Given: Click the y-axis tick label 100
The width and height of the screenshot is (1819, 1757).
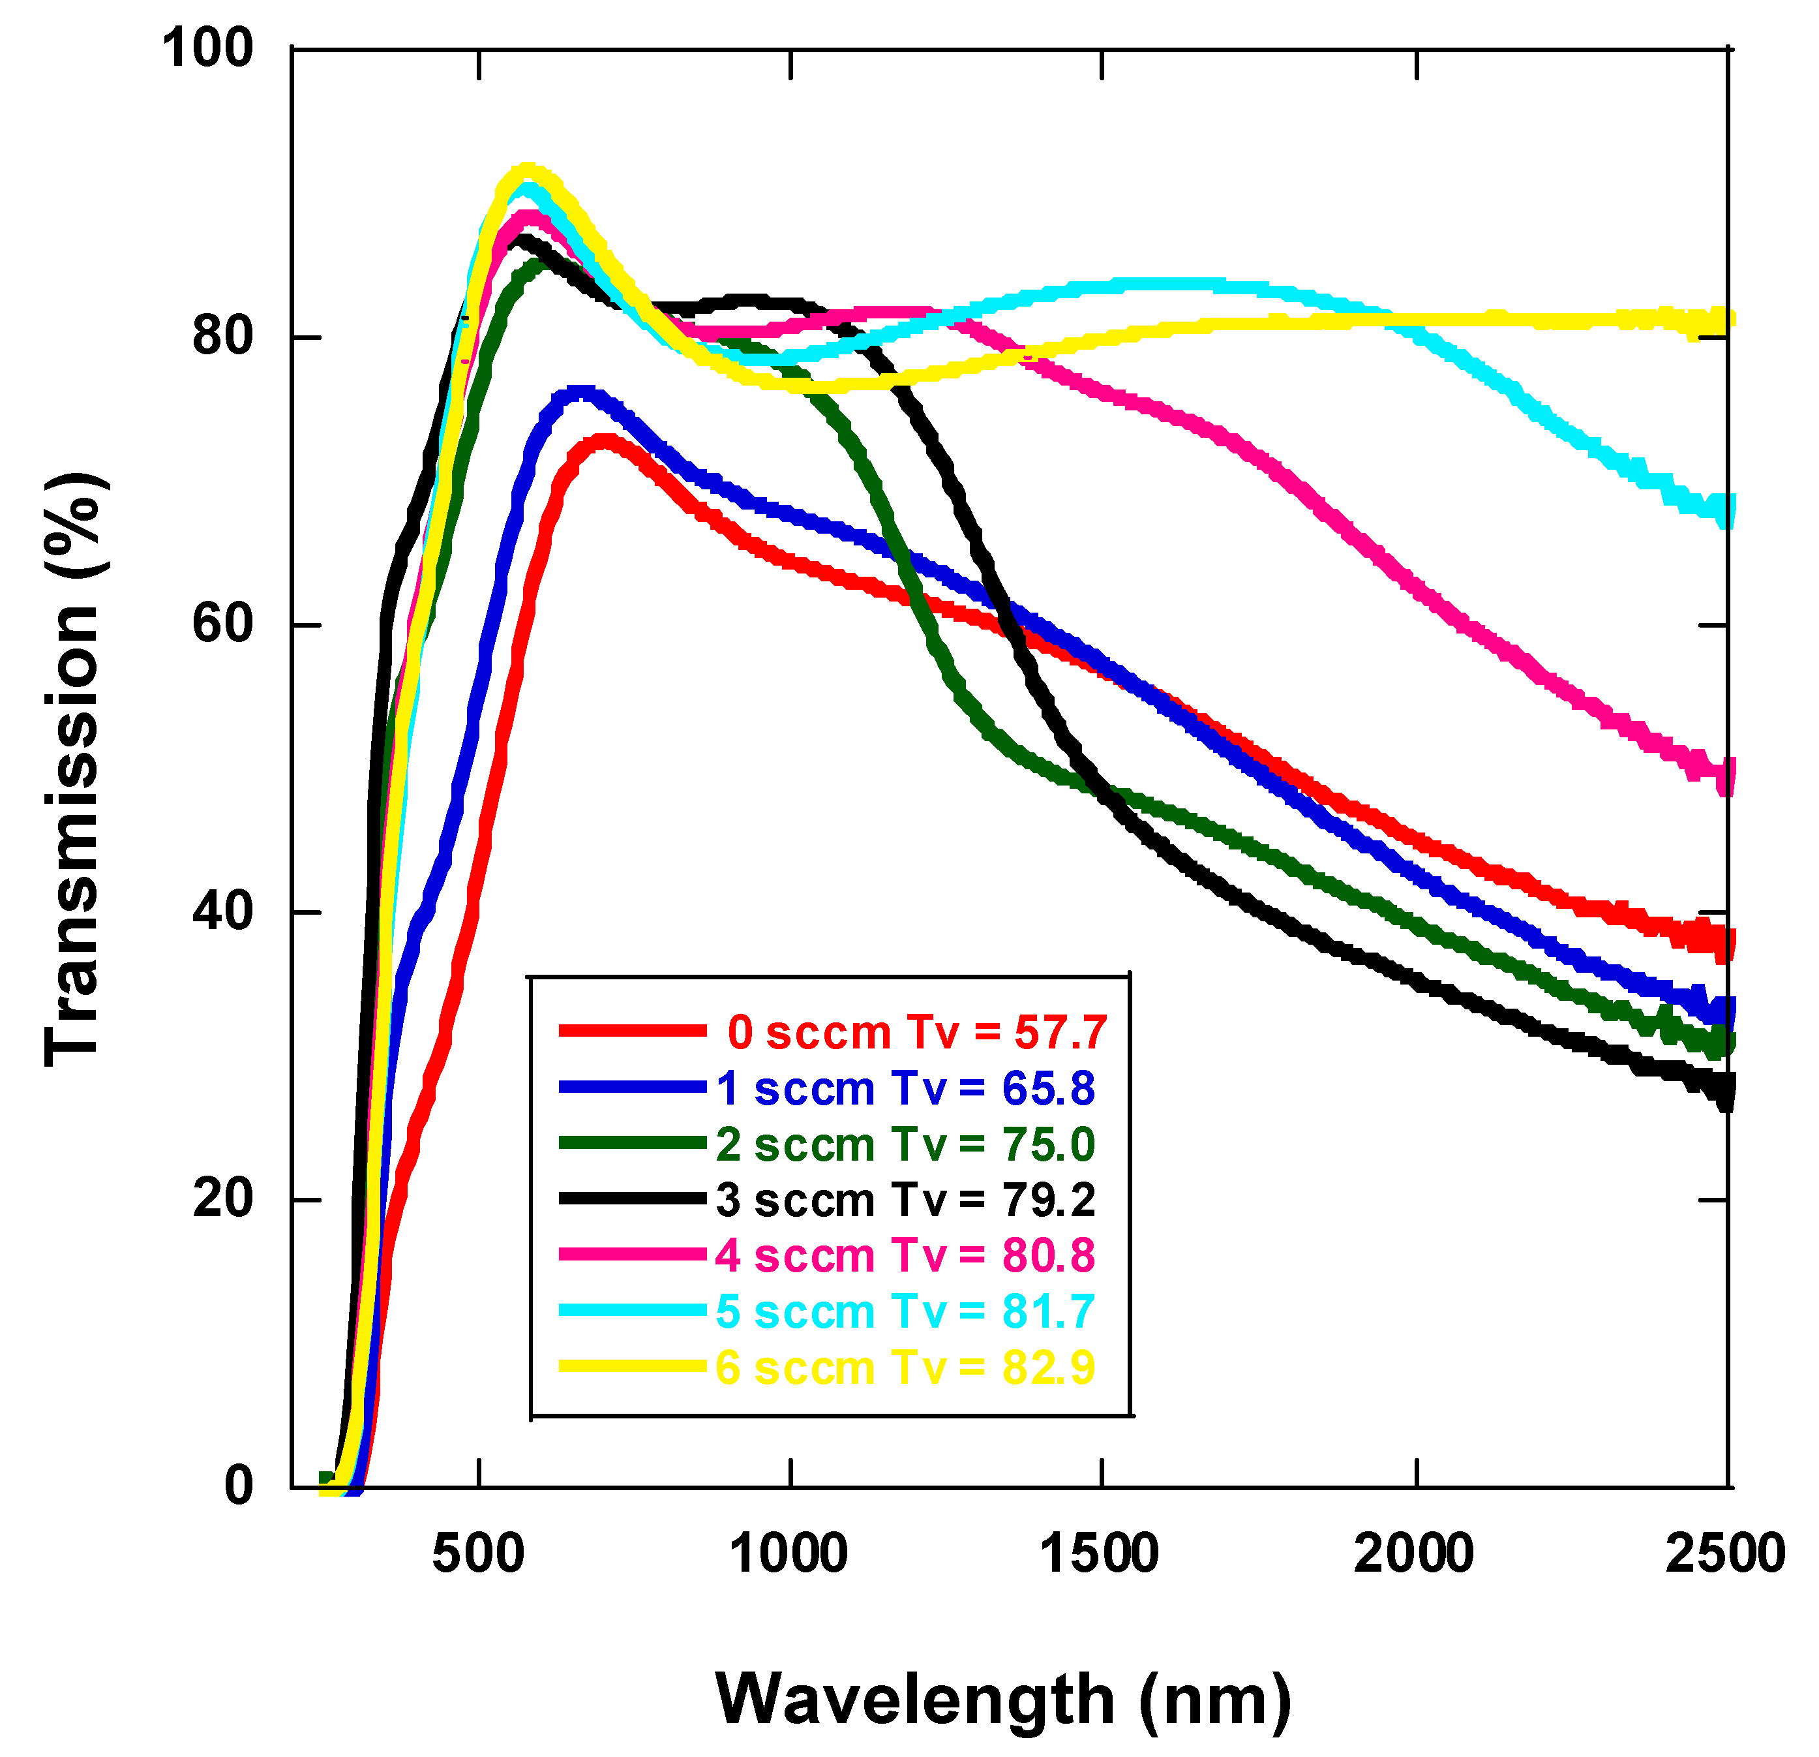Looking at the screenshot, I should (208, 48).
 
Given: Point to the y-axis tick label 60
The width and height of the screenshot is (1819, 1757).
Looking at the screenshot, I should (223, 623).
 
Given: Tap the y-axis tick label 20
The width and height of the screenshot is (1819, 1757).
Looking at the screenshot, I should (223, 1199).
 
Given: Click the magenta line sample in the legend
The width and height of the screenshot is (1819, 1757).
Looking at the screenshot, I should (632, 1254).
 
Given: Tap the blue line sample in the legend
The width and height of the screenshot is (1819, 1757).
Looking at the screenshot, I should (632, 1087).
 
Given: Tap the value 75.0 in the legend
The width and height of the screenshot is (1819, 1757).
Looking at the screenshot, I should (1048, 1144).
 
